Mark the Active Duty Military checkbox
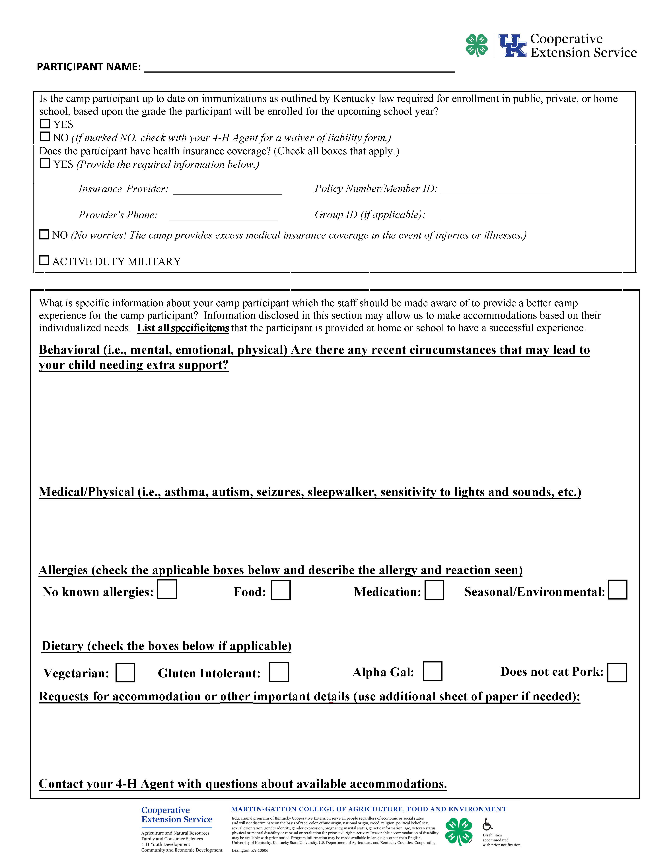44,260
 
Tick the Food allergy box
281,590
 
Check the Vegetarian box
125,672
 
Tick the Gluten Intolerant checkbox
279,672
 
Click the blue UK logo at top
512,46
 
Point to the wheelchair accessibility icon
487,825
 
